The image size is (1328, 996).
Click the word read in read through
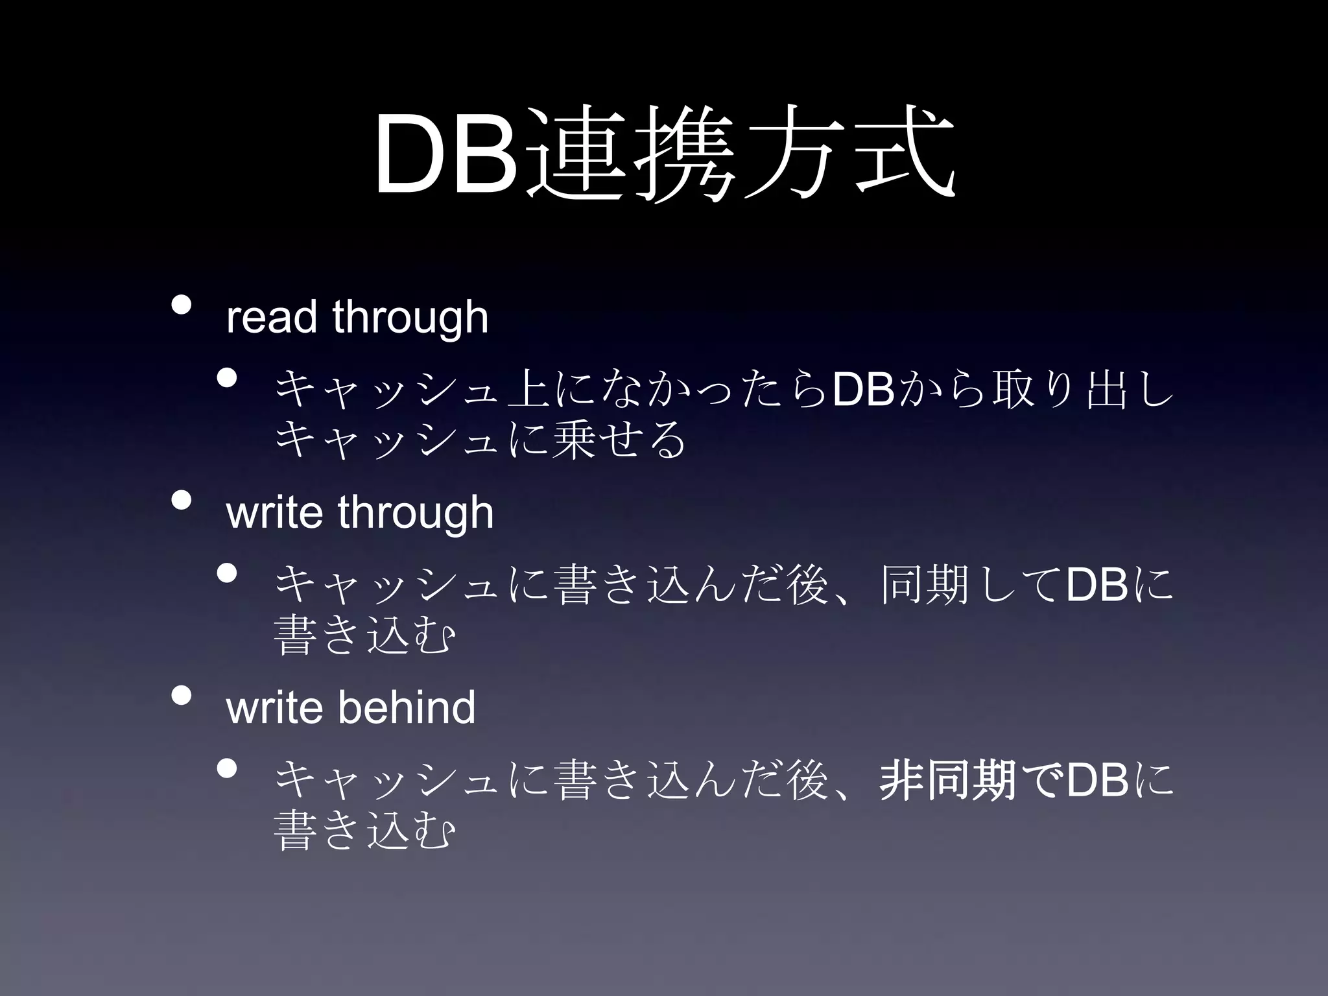(x=271, y=317)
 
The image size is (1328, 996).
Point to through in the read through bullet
(x=410, y=318)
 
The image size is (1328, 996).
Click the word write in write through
(x=274, y=512)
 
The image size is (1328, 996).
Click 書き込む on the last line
(x=363, y=831)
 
